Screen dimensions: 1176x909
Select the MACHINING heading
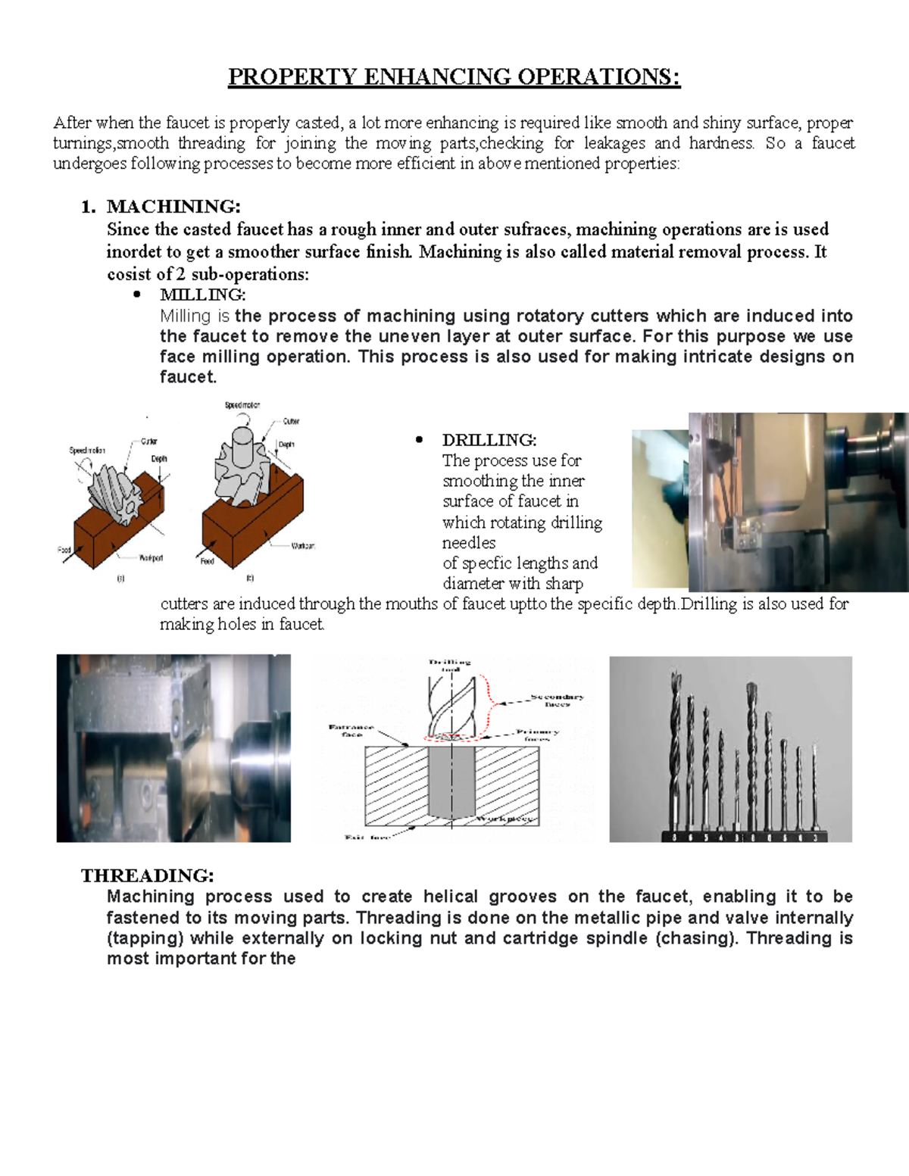(x=173, y=207)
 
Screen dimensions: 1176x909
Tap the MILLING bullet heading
(x=202, y=295)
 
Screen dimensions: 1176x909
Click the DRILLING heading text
(x=489, y=440)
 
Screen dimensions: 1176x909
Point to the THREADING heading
(x=148, y=875)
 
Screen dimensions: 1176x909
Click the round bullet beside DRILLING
(x=419, y=441)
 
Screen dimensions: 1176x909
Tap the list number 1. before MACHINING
(x=89, y=207)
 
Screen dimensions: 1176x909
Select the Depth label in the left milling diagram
(x=159, y=459)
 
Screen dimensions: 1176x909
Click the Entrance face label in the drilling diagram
(x=351, y=730)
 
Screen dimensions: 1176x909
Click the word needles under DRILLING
(x=469, y=543)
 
